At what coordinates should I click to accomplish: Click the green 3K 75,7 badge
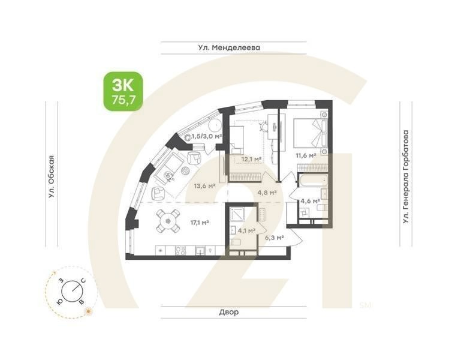tap(123, 91)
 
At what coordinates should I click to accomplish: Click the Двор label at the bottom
tap(228, 313)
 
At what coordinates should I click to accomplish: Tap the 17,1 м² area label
tap(199, 223)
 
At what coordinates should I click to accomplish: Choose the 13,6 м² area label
tap(204, 185)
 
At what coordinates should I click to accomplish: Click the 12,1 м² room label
tap(251, 159)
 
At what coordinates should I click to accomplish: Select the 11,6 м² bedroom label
tap(306, 155)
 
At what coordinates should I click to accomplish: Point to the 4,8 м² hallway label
tap(267, 193)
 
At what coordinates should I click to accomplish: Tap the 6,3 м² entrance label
tap(274, 238)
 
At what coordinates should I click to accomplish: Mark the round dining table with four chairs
tap(168, 221)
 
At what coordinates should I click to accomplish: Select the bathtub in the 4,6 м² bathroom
tap(312, 181)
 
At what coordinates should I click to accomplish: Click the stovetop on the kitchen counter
tap(179, 250)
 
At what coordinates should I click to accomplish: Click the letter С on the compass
tap(83, 281)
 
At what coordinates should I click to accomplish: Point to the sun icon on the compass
tap(88, 311)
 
